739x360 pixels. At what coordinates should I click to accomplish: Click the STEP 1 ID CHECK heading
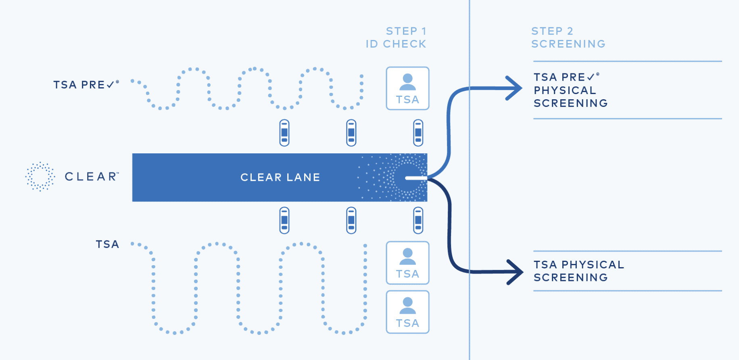pyautogui.click(x=396, y=38)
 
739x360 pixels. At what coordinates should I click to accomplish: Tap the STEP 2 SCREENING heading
pyautogui.click(x=568, y=38)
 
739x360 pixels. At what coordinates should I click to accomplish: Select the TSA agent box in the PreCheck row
pyautogui.click(x=407, y=88)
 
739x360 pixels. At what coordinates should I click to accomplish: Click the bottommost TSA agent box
pyautogui.click(x=407, y=312)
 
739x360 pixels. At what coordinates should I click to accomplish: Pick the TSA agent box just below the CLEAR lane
pyautogui.click(x=407, y=263)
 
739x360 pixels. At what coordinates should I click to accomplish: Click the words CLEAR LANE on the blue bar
pyautogui.click(x=280, y=177)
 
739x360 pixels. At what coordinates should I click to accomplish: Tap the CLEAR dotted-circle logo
pyautogui.click(x=40, y=177)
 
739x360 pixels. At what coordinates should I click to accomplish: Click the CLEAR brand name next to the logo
pyautogui.click(x=92, y=177)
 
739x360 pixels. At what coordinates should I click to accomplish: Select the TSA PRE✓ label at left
pyautogui.click(x=86, y=85)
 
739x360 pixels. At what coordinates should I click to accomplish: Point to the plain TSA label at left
pyautogui.click(x=107, y=244)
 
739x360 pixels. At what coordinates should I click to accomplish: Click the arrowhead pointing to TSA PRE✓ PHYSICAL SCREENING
pyautogui.click(x=515, y=88)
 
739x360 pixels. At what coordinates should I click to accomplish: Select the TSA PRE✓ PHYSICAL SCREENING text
pyautogui.click(x=570, y=90)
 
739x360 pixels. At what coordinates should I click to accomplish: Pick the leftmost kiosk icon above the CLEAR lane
pyautogui.click(x=284, y=133)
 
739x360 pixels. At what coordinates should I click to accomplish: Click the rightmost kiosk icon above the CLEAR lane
pyautogui.click(x=418, y=133)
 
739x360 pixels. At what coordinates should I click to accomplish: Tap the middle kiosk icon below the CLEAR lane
pyautogui.click(x=351, y=220)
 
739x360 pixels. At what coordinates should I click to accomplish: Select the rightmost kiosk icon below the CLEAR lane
pyautogui.click(x=418, y=220)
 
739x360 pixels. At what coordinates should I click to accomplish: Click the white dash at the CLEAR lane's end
pyautogui.click(x=415, y=178)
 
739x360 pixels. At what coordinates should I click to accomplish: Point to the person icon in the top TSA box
pyautogui.click(x=407, y=82)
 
